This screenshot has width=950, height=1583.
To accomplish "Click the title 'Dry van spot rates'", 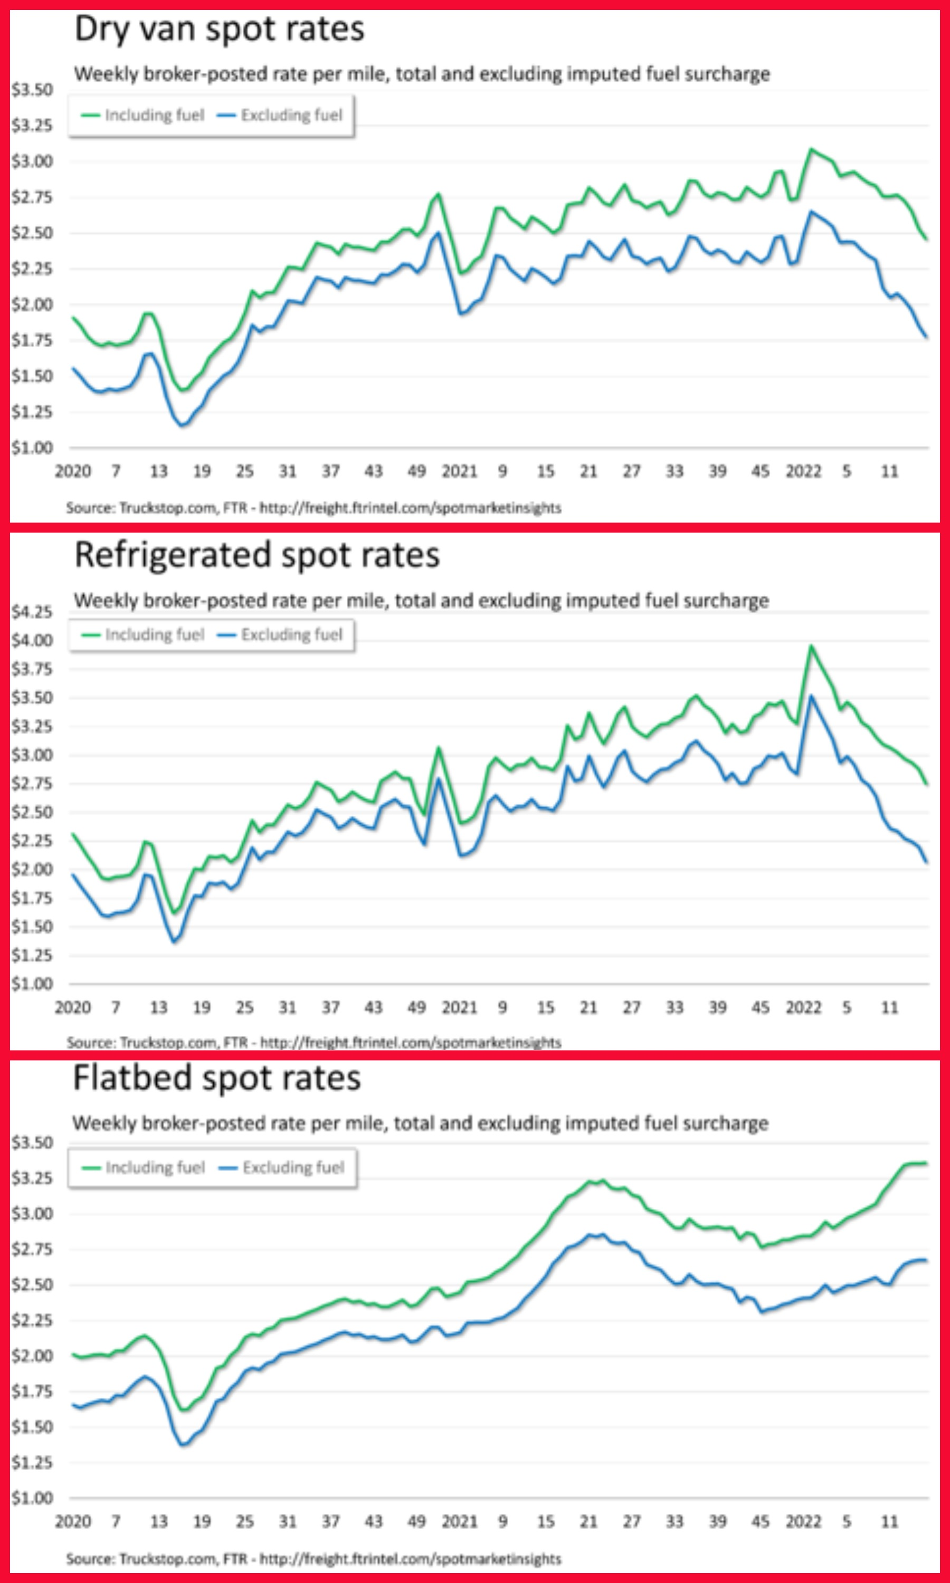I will point(219,30).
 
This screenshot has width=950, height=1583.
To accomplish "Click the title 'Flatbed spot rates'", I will point(217,1079).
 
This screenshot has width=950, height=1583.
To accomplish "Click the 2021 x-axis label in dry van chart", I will point(459,472).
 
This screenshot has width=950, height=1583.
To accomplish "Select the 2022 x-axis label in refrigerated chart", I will point(803,1008).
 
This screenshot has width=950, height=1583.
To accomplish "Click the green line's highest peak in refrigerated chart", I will point(812,646).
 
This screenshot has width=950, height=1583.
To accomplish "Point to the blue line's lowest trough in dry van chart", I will point(183,425).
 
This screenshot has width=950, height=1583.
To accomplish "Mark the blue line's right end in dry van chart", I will point(926,337).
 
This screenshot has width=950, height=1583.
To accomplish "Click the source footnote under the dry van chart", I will point(313,508).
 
